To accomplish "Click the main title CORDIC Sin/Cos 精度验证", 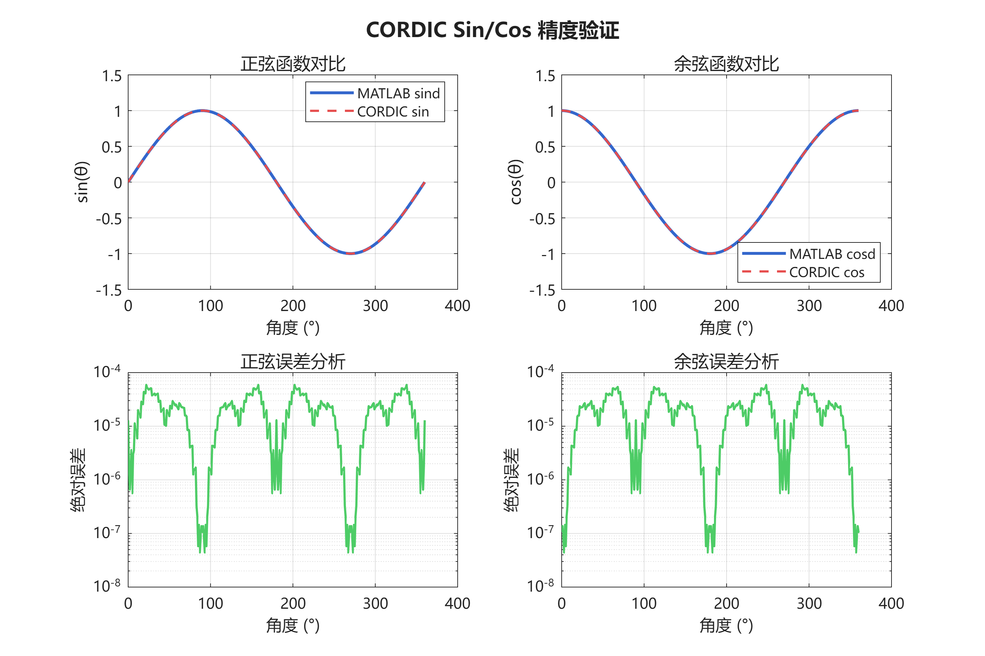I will [x=492, y=30].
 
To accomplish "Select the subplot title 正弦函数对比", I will [x=293, y=64].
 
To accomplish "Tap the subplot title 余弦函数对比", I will [x=726, y=64].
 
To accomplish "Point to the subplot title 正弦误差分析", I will [x=293, y=361].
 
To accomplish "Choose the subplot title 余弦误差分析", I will [x=726, y=361].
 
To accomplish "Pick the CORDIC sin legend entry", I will [x=393, y=112].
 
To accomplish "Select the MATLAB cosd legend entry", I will [x=832, y=254].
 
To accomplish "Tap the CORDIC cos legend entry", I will [x=826, y=272].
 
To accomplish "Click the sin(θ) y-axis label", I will [x=82, y=182].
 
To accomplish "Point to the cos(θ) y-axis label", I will [x=516, y=182].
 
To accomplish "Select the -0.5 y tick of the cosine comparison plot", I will [x=542, y=218].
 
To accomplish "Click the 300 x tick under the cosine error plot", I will [x=809, y=603].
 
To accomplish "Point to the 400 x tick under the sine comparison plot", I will [x=457, y=306].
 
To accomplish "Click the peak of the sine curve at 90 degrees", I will [x=202, y=111].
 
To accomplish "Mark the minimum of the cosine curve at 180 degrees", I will [x=710, y=254].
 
